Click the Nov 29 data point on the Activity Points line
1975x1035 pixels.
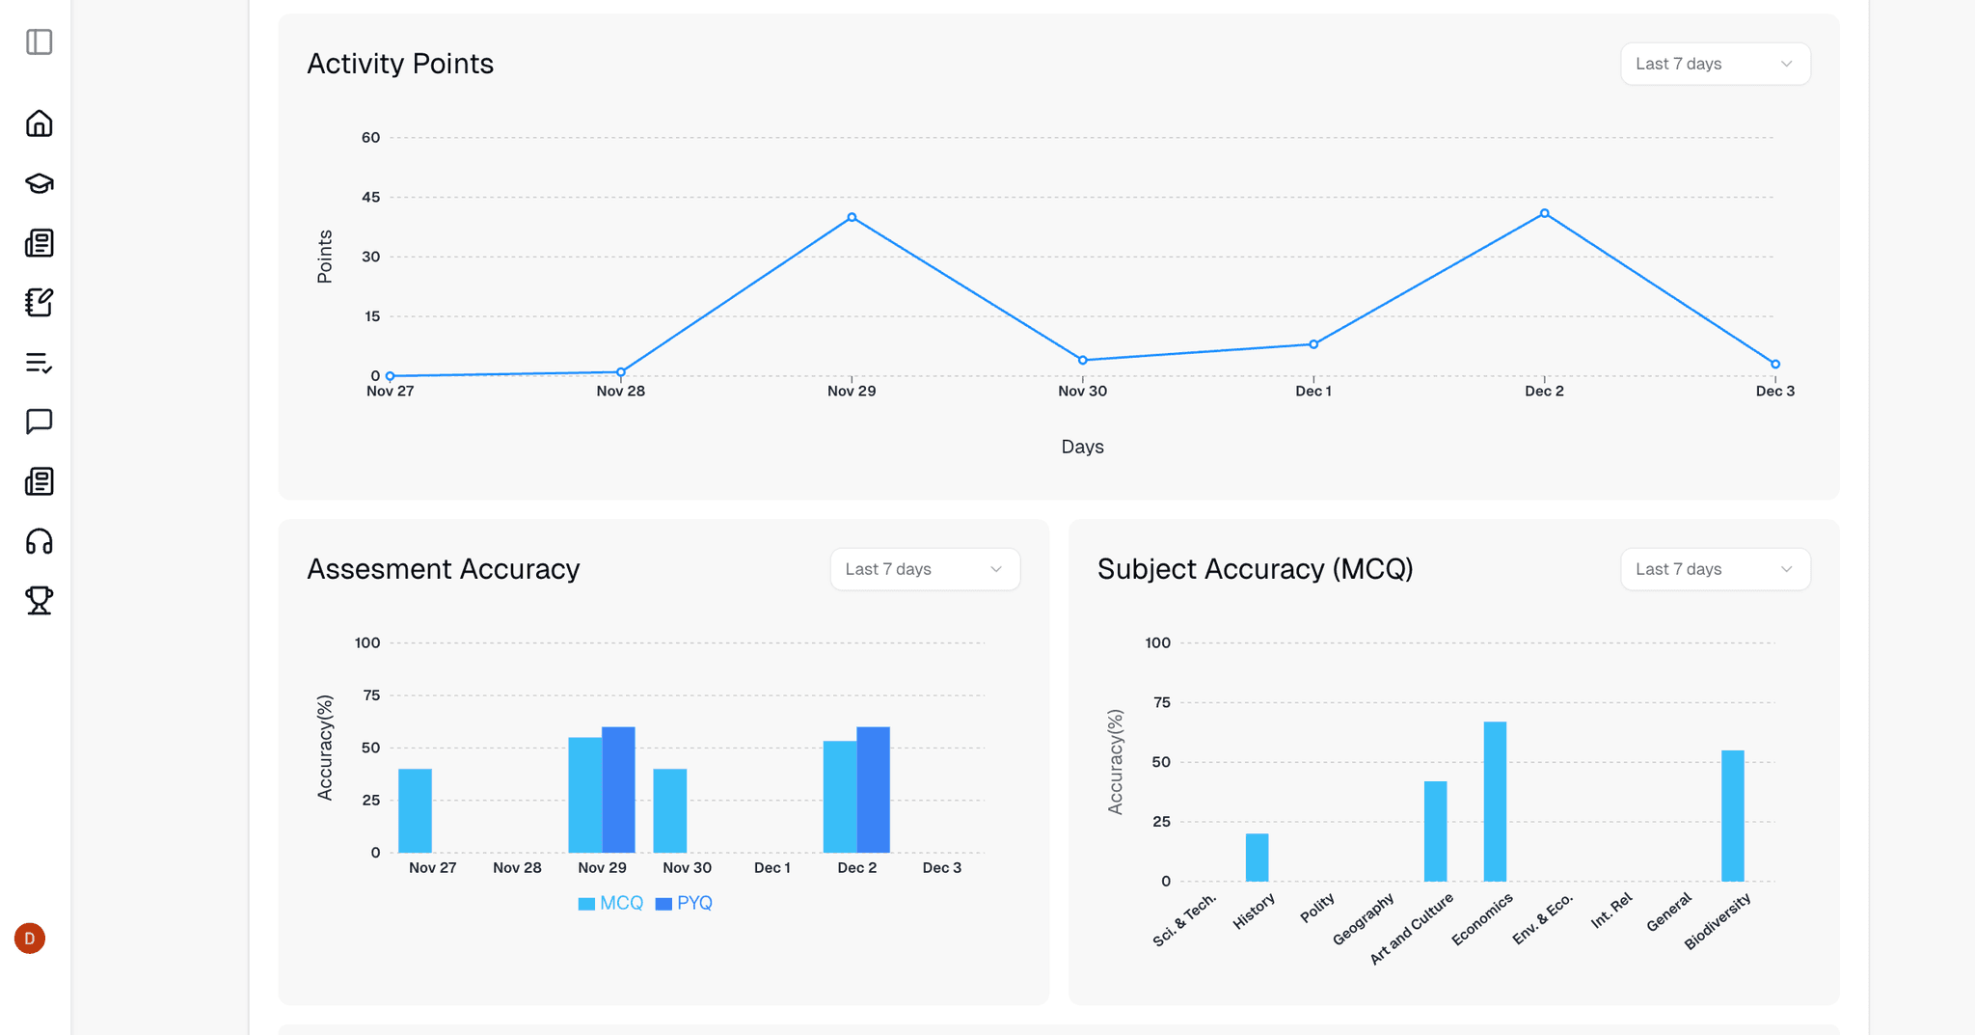(x=852, y=217)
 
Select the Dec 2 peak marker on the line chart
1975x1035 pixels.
(x=1544, y=213)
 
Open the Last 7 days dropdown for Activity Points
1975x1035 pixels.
(x=1715, y=64)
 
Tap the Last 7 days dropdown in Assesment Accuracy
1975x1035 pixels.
(x=924, y=569)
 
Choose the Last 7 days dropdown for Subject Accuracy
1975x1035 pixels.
(x=1715, y=569)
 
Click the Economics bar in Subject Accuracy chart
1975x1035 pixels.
(x=1495, y=801)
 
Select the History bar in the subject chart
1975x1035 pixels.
(x=1257, y=857)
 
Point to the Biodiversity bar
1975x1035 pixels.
(x=1732, y=815)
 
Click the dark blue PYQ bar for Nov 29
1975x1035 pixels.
(x=618, y=789)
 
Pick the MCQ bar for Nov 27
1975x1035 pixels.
(x=415, y=810)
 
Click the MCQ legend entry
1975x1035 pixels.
(x=610, y=903)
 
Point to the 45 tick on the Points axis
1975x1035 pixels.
(x=371, y=197)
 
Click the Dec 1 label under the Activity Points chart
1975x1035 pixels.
(x=1312, y=391)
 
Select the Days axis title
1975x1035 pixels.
(x=1082, y=447)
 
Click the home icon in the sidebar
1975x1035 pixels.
(x=40, y=123)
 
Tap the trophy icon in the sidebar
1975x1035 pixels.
(x=40, y=600)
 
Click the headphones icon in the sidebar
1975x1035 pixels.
(x=40, y=541)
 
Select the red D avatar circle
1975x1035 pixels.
(x=30, y=938)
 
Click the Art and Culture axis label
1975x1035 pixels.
(x=1412, y=928)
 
